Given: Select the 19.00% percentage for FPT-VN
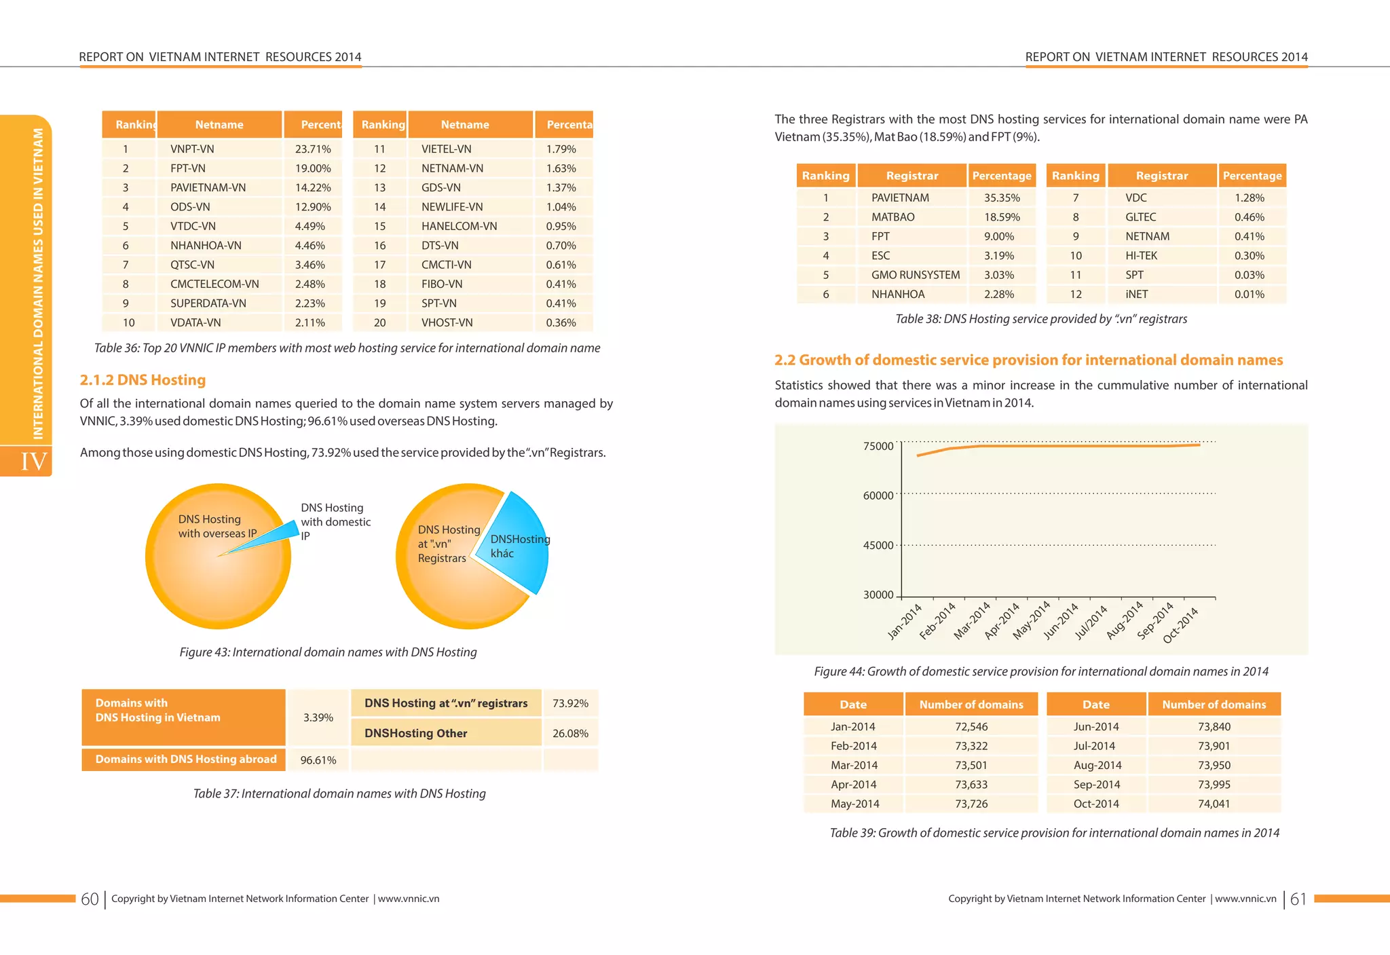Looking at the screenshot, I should pos(313,168).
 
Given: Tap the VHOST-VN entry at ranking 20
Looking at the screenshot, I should pos(447,323).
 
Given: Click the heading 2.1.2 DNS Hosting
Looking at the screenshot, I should pos(143,380).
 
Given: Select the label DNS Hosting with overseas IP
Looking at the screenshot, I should pos(217,527).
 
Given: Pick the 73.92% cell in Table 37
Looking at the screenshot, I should pos(570,704).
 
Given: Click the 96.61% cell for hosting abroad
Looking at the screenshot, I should pos(318,760).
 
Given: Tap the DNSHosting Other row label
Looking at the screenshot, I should pos(415,734).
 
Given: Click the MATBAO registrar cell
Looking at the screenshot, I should pos(893,217).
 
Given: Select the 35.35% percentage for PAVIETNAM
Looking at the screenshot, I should pos(1001,198).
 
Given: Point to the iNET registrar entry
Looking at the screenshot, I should pos(1136,295).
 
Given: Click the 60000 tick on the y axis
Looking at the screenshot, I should pos(878,496).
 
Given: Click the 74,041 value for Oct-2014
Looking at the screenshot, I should pos(1214,804).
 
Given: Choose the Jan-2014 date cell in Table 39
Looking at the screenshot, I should pos(852,727).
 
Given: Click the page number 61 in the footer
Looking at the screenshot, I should pos(1298,899).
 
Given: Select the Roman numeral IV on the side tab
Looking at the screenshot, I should pos(33,462).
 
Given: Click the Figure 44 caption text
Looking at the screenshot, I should pos(1040,672).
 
